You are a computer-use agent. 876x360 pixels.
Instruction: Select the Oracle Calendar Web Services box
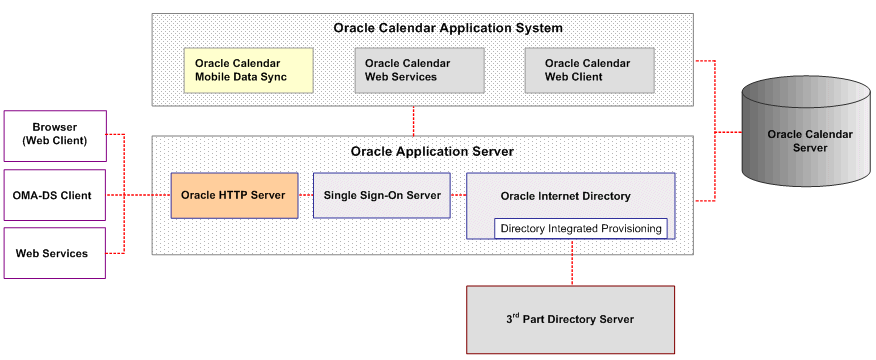click(419, 70)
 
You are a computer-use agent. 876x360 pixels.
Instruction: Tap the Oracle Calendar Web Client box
click(589, 70)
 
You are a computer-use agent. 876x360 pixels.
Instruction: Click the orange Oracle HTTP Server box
click(234, 195)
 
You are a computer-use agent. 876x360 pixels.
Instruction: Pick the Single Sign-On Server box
click(381, 195)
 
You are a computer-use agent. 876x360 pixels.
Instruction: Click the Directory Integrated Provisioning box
click(581, 229)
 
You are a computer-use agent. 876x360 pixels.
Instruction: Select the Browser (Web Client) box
click(54, 133)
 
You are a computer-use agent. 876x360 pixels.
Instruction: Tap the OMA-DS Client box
click(54, 195)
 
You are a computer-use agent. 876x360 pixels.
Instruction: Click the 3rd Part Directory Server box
click(571, 319)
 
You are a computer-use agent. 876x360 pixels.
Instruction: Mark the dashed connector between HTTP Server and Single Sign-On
click(306, 195)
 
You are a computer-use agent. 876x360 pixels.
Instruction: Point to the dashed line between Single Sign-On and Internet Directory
click(459, 195)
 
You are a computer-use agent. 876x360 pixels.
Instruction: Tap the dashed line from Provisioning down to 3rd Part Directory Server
click(571, 262)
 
